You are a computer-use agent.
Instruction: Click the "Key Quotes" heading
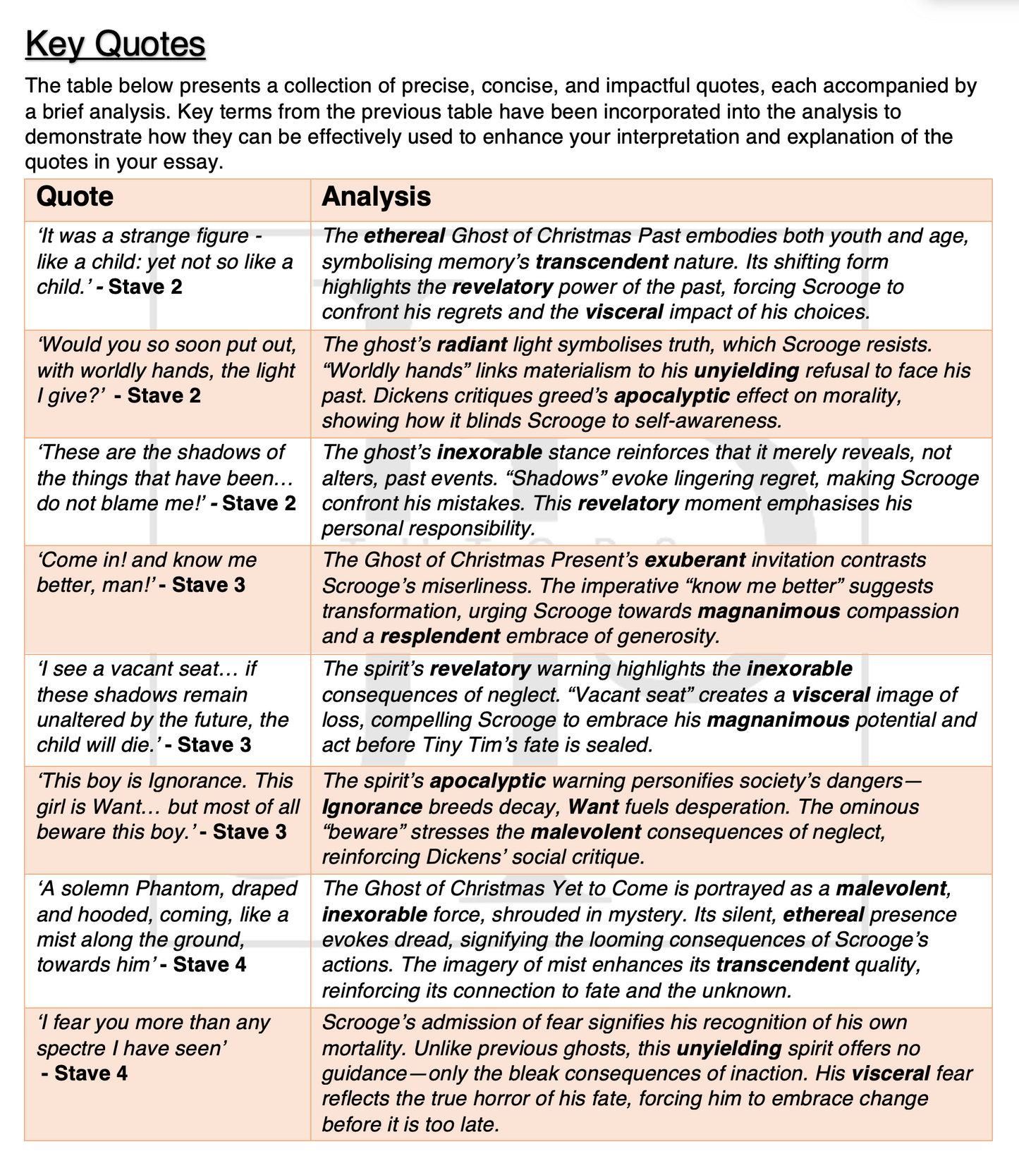(115, 44)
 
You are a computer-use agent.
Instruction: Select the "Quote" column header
(75, 197)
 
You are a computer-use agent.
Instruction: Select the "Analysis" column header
(377, 197)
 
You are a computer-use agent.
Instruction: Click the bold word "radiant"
(472, 345)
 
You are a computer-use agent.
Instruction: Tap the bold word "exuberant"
(695, 560)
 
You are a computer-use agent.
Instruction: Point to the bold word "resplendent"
(440, 636)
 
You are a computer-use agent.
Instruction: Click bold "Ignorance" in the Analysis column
(372, 807)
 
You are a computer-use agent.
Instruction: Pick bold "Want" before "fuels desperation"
(594, 807)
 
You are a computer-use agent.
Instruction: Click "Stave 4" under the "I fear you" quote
(91, 1073)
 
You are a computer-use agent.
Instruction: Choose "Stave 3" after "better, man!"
(209, 585)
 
